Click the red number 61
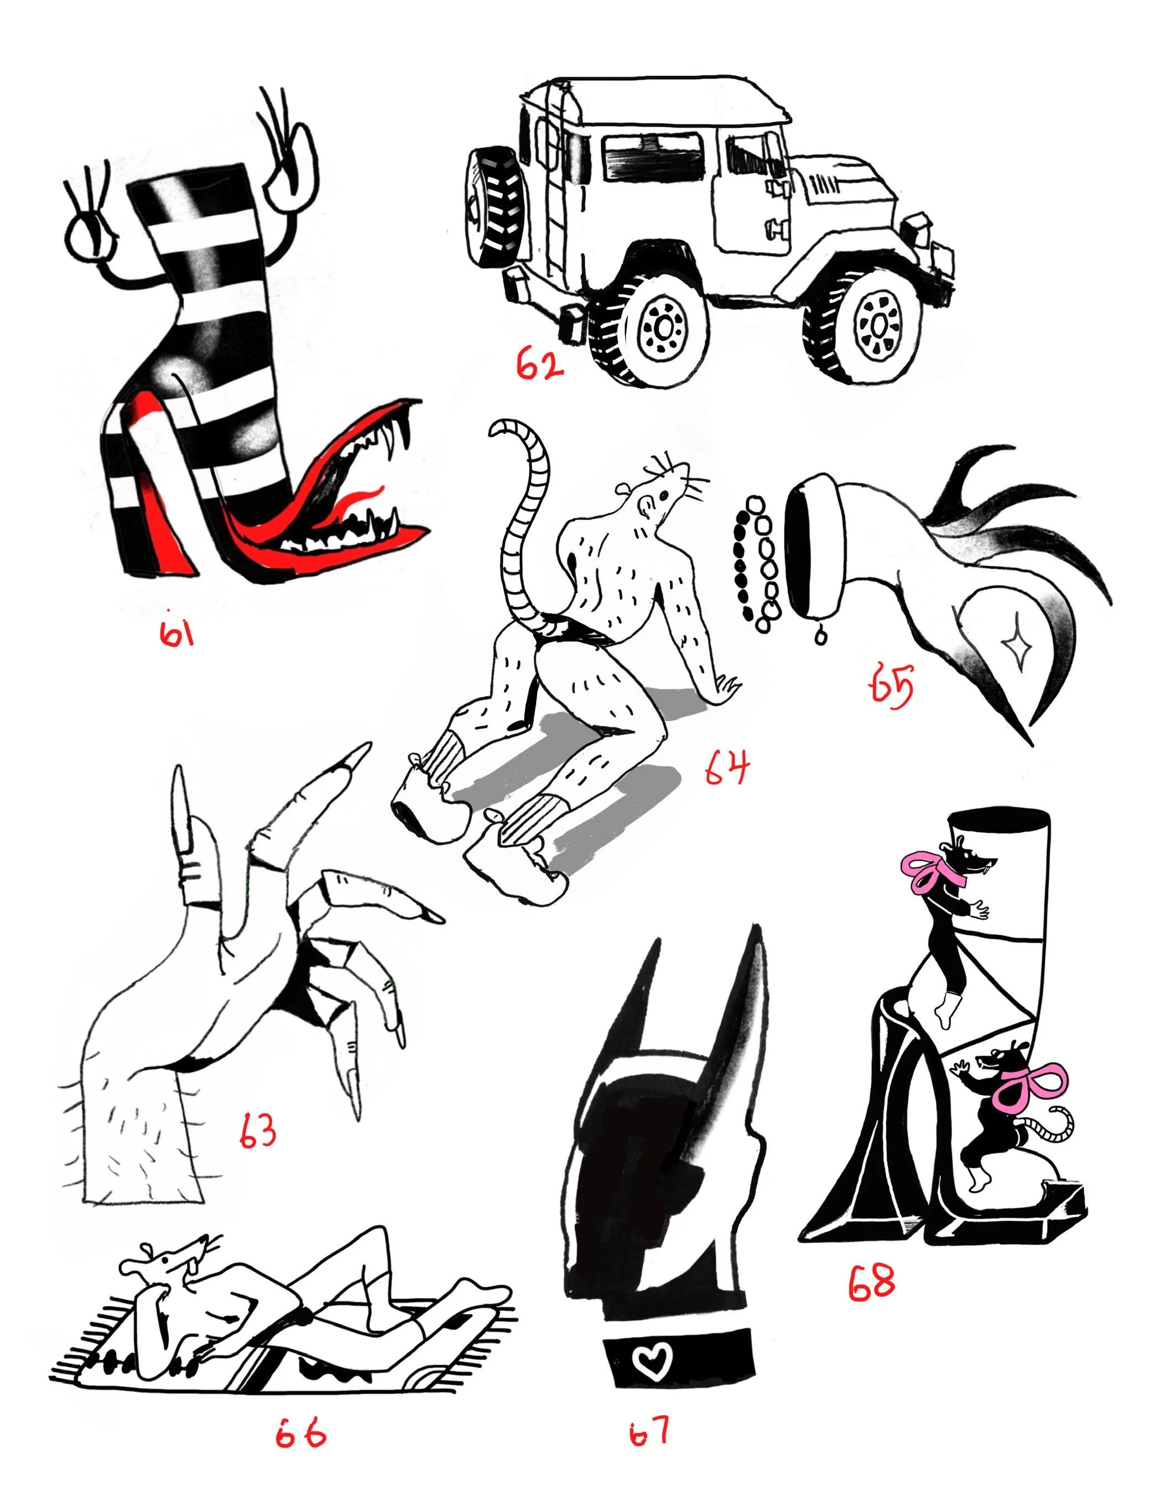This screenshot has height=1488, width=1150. (177, 633)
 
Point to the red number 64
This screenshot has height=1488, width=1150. (727, 768)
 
